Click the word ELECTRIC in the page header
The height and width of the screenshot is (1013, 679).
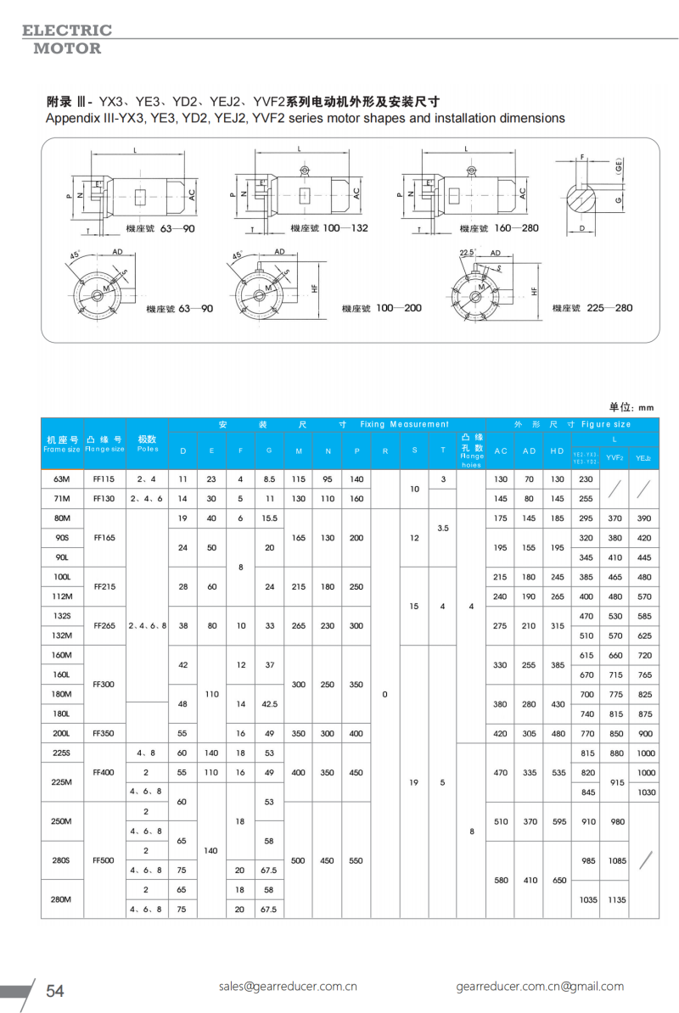67,31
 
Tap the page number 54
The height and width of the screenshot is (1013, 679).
55,991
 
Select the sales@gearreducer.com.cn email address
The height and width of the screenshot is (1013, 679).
287,986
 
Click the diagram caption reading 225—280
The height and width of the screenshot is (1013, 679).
603,308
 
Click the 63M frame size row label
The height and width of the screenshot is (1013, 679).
62,479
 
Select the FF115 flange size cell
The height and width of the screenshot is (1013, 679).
104,479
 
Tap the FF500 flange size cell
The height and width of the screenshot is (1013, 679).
104,860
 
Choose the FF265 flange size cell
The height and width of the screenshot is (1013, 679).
104,625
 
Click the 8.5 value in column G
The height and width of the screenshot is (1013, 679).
269,479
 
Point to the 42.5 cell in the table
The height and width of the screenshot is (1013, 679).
269,703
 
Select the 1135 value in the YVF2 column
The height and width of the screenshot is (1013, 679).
616,899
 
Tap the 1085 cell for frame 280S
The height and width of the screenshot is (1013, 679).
616,860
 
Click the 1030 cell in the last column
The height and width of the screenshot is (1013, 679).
645,792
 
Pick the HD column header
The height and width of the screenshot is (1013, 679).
557,451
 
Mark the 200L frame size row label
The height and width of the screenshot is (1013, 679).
62,733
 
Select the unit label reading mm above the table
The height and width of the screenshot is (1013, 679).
646,407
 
